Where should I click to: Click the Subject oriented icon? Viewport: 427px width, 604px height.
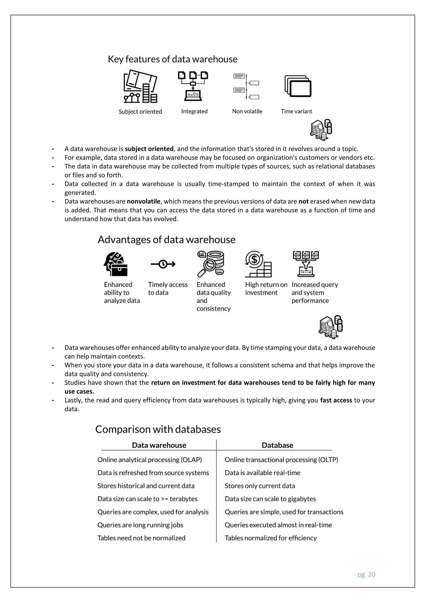140,86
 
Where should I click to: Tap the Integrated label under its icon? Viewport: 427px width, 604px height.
194,111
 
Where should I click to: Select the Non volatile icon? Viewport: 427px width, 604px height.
246,87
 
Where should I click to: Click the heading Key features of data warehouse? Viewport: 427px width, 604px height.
172,59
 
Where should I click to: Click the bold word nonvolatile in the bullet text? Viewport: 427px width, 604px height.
144,201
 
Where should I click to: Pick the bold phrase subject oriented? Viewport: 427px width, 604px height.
149,149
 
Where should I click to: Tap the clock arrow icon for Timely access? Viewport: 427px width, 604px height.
163,264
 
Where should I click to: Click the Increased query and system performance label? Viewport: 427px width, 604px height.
314,293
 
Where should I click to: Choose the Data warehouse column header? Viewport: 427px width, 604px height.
159,445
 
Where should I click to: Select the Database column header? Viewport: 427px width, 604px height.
277,445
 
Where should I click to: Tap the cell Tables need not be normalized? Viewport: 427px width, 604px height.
141,538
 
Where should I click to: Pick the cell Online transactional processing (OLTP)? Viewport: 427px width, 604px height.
281,460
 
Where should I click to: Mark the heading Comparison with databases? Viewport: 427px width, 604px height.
158,429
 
